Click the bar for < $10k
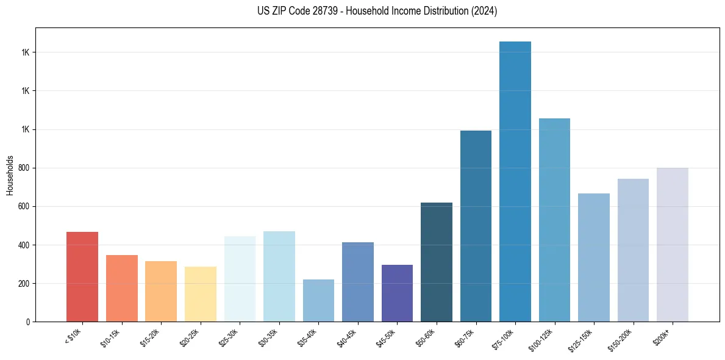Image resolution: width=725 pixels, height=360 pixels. click(82, 277)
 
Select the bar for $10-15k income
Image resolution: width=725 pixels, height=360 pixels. click(121, 289)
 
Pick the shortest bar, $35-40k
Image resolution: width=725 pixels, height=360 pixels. click(318, 301)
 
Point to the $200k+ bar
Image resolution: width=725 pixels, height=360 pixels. click(672, 245)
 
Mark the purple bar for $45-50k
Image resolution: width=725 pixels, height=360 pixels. click(397, 293)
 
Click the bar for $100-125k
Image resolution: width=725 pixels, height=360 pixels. click(554, 220)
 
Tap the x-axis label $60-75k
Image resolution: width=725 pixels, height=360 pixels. click(465, 337)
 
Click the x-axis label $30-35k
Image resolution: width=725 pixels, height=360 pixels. click(268, 337)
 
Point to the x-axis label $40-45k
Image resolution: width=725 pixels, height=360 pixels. click(347, 337)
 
